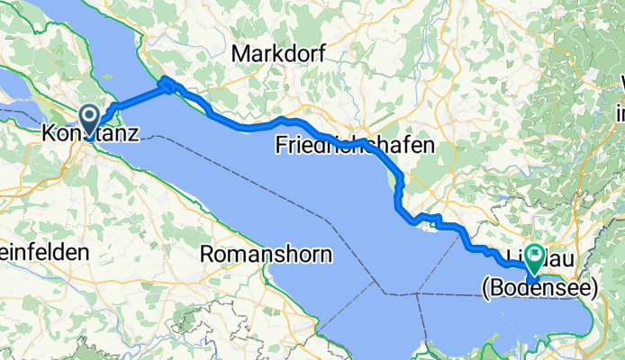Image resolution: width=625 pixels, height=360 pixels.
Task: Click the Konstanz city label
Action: click(x=90, y=135)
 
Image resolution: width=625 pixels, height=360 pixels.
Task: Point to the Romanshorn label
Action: click(x=266, y=254)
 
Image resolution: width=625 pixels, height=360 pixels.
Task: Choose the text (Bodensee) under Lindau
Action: click(x=539, y=288)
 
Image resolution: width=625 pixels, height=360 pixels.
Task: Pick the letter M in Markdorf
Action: click(x=241, y=54)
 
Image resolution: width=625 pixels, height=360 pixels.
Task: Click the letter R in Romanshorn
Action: click(x=205, y=254)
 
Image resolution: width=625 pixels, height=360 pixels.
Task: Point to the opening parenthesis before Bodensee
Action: click(x=485, y=288)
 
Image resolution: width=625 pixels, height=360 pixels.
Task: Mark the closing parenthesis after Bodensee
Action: click(x=594, y=288)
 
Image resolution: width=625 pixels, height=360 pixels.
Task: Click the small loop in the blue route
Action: click(x=168, y=85)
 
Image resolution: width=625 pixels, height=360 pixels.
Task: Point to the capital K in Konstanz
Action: click(x=49, y=135)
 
